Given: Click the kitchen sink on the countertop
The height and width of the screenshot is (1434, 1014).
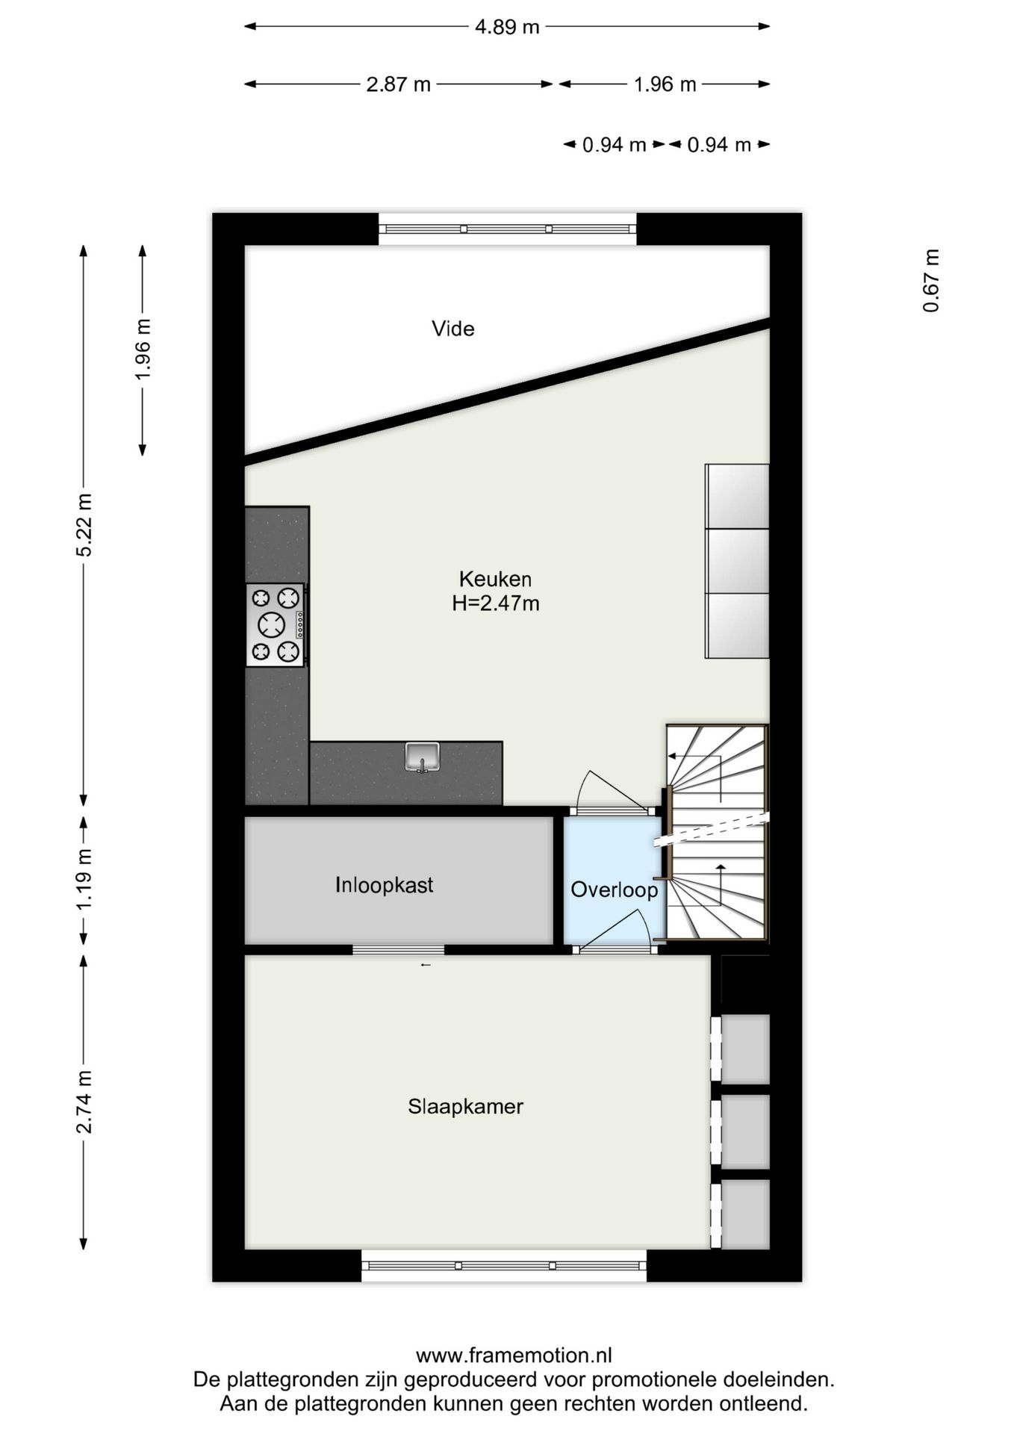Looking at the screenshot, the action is (x=423, y=757).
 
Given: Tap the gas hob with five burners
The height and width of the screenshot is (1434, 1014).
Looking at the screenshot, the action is (x=276, y=624).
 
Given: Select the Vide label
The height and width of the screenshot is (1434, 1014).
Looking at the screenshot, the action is (x=452, y=329).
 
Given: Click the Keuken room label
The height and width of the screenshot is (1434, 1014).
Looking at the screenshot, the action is (x=495, y=579).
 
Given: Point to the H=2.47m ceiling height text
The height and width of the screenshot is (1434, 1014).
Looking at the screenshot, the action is (x=496, y=603).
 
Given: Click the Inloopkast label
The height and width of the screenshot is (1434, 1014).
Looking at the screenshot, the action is (x=384, y=885).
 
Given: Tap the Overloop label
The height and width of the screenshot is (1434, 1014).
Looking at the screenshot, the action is (x=614, y=890).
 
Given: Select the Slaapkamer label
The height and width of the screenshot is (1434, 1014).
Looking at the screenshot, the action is (x=465, y=1106).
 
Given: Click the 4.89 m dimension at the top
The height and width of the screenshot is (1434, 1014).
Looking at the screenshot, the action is (x=507, y=27).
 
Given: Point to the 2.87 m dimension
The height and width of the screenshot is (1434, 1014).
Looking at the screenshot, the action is (x=398, y=84).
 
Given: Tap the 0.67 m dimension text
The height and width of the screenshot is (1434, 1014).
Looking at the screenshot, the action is (x=930, y=280).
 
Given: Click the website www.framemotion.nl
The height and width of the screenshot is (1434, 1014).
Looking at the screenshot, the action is (x=514, y=1355).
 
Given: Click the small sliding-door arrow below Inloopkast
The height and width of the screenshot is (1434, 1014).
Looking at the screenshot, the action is (x=426, y=965).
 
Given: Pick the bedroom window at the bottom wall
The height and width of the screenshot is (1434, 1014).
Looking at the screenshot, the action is (x=504, y=1265).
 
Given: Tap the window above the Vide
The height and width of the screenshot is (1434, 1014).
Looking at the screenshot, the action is (x=507, y=229).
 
